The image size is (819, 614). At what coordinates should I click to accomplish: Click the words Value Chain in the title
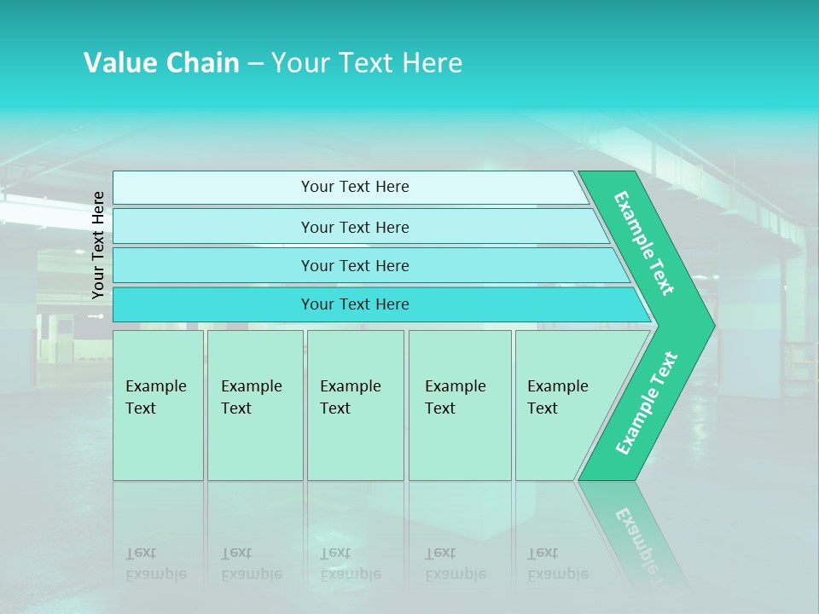tap(161, 63)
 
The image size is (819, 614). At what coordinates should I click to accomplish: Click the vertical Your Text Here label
tap(98, 245)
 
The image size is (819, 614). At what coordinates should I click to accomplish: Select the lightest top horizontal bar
tap(213, 188)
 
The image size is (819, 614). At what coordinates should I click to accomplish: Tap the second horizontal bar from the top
tap(213, 227)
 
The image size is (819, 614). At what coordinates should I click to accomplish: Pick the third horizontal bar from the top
tap(213, 265)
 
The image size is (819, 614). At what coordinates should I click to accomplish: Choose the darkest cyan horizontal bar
tap(213, 304)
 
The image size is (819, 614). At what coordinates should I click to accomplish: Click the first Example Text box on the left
tap(158, 405)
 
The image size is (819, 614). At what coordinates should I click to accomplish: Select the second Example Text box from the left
tap(255, 405)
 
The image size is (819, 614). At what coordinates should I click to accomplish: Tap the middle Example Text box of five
tap(355, 405)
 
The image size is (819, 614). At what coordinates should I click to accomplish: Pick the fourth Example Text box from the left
tap(460, 405)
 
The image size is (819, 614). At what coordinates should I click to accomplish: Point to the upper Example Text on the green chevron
tap(644, 243)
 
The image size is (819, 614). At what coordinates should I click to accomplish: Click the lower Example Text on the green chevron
tap(646, 403)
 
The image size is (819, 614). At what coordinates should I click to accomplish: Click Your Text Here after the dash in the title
tap(367, 63)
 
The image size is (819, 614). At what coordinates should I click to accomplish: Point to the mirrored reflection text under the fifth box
tap(558, 564)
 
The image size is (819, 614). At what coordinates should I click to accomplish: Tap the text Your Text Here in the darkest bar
tap(355, 304)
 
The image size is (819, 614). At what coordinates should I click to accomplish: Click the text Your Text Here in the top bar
tap(355, 187)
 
